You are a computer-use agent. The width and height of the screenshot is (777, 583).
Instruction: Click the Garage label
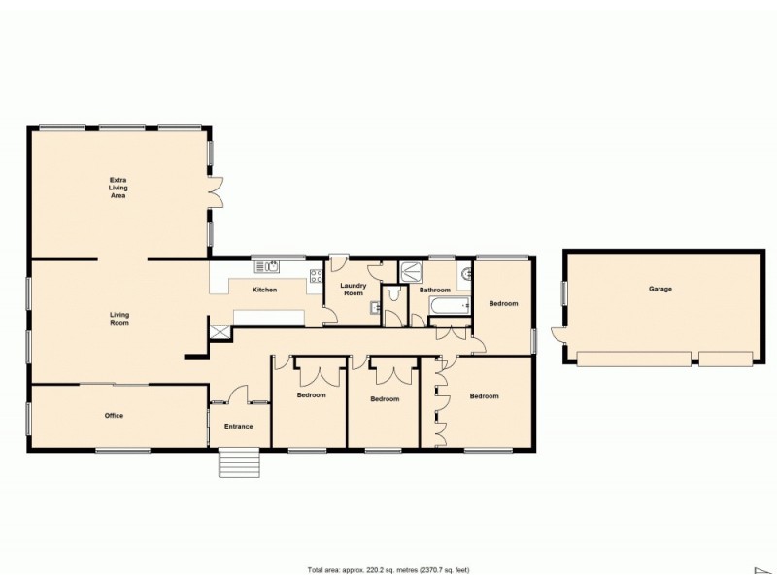pos(660,289)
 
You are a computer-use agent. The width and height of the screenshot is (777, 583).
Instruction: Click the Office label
pos(114,416)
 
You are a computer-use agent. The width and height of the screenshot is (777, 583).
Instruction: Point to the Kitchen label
pos(265,291)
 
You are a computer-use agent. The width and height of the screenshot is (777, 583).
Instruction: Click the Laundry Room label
pos(352,289)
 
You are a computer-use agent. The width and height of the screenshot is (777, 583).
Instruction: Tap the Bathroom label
pos(434,291)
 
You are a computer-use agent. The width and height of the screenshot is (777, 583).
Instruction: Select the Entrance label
pos(238,427)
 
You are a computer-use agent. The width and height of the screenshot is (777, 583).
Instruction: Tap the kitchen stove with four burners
pos(315,275)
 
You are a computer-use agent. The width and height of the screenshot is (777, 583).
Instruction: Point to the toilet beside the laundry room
pos(394,294)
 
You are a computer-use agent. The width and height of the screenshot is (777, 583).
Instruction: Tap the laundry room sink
pos(375,309)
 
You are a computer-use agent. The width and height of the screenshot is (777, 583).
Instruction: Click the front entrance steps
pos(238,463)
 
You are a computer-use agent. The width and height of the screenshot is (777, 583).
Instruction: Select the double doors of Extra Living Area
pos(217,191)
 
